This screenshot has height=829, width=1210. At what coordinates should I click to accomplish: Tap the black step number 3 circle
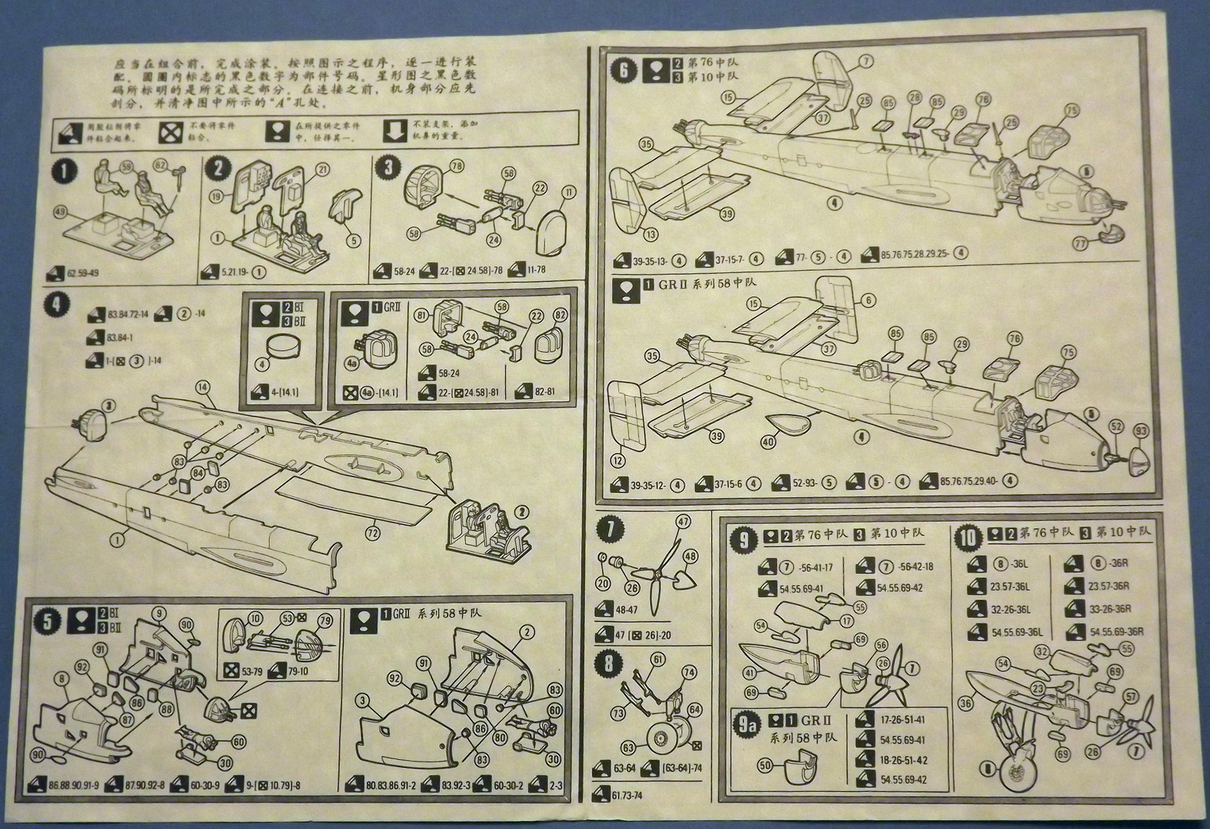click(x=388, y=168)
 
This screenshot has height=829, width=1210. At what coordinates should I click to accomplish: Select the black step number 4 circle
click(x=56, y=305)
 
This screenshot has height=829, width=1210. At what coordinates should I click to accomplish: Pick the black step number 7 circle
click(x=610, y=528)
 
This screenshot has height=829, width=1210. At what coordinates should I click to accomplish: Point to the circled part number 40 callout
click(x=767, y=442)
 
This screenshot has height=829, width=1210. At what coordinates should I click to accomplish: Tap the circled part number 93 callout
click(x=1141, y=430)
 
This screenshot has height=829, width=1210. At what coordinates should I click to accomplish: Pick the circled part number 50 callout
click(x=765, y=765)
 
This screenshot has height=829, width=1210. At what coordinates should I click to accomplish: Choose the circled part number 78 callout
click(x=456, y=165)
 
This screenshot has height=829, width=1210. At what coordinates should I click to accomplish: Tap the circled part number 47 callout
click(x=684, y=522)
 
